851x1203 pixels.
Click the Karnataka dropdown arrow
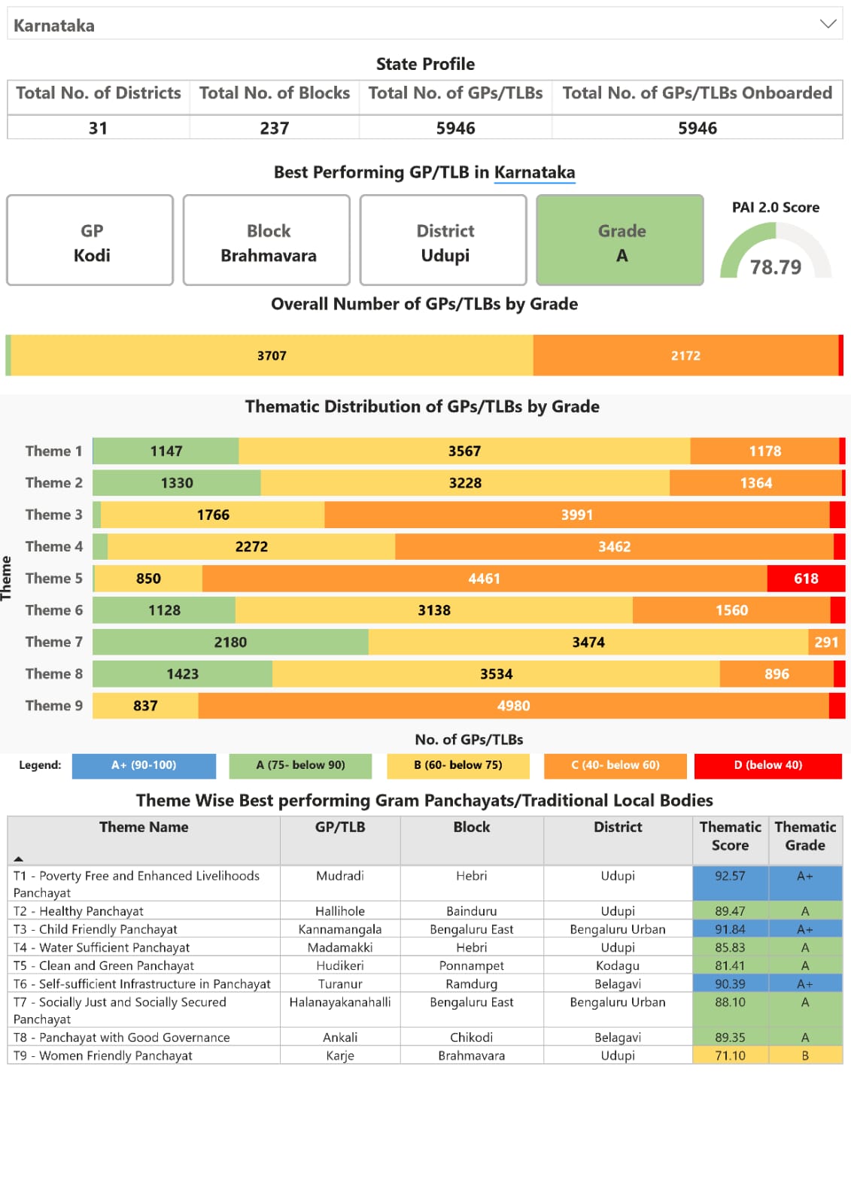828,24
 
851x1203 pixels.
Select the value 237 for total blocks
274,128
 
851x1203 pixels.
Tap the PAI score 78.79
776,267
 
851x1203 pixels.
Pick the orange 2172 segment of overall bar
685,356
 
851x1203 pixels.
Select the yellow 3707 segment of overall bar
272,356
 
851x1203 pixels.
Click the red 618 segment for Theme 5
805,579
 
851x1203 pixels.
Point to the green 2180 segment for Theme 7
230,643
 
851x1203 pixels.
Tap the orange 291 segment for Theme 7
826,643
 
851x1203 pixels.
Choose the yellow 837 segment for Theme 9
145,706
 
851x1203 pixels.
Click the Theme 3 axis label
53,515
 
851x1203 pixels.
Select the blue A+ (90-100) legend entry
144,765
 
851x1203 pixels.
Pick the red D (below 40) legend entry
767,765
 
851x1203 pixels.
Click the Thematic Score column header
730,836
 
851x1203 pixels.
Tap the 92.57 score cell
730,876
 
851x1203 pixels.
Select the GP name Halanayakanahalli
340,1002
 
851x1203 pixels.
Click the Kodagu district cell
617,966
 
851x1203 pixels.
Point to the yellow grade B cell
805,1056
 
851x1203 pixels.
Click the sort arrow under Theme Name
19,858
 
